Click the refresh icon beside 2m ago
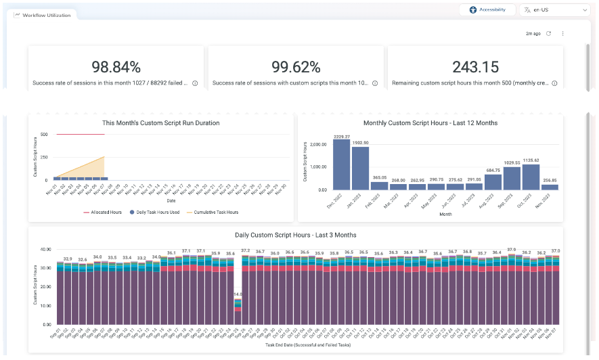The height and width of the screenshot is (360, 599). coord(549,33)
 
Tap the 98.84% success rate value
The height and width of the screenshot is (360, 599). coord(116,66)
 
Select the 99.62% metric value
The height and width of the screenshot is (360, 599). coord(296,66)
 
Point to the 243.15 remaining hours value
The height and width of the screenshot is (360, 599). coord(476,66)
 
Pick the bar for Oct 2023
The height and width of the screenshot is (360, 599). coord(531,177)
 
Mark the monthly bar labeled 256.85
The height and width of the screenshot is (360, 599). coord(550,187)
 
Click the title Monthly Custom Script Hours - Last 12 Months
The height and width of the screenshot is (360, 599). coord(430,123)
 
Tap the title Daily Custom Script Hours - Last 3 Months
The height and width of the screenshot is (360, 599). coord(295,235)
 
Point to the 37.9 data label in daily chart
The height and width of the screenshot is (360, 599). coord(512,250)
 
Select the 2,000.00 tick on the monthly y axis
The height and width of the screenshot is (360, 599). coord(318,144)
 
